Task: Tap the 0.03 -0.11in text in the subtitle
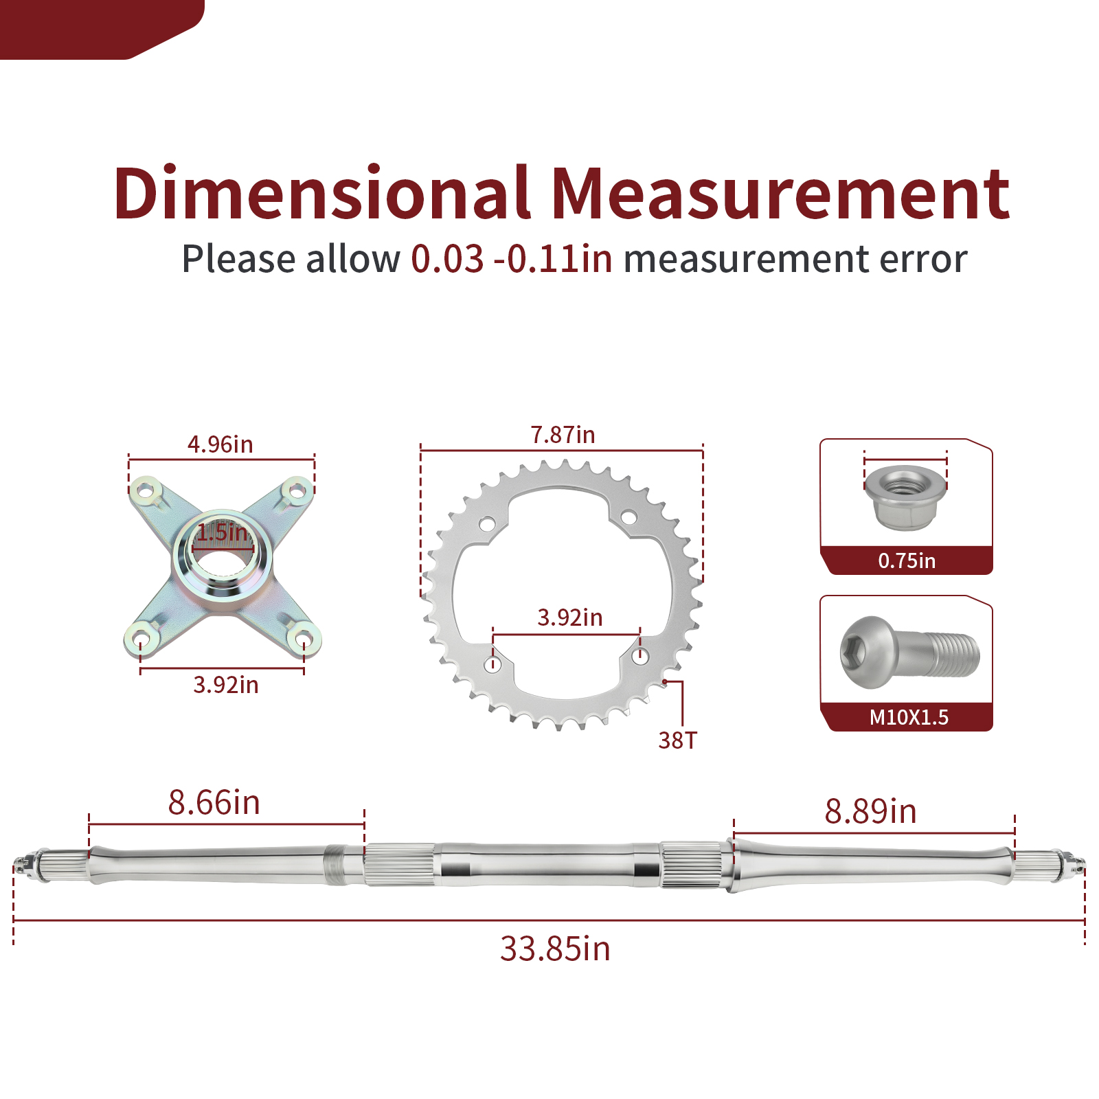[512, 259]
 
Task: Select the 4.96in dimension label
[220, 444]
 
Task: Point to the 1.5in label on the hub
[223, 532]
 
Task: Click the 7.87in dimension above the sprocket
[563, 435]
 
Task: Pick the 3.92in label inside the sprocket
[570, 618]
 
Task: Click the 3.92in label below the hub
[226, 685]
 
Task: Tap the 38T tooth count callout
[677, 740]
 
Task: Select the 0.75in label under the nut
[907, 561]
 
